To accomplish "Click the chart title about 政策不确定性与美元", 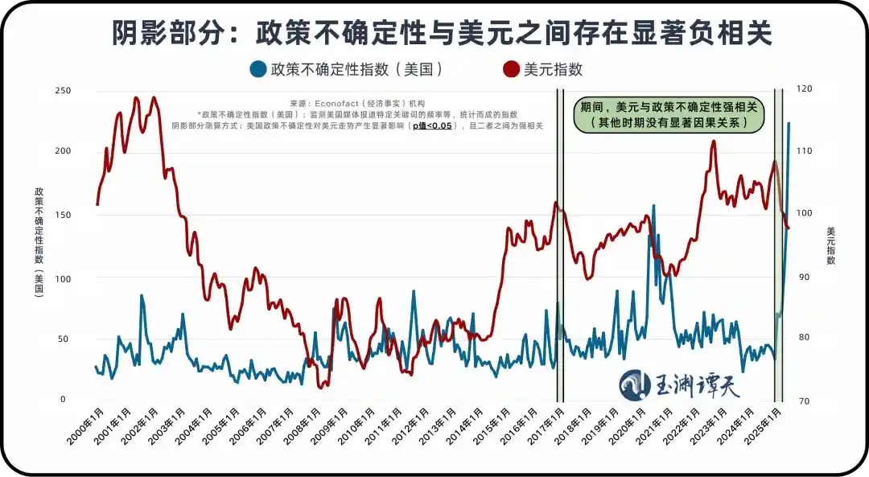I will coord(434,33).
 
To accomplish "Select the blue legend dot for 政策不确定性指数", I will coord(258,69).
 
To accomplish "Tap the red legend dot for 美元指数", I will coord(510,69).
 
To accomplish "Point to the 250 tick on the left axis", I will coord(63,90).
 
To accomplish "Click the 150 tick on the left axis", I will coord(63,215).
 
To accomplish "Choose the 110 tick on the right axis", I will coord(804,152).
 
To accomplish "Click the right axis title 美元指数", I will coord(831,245).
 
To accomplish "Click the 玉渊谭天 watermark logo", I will coord(680,384).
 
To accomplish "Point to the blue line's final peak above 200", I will coord(789,123).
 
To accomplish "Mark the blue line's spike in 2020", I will coord(653,206).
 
